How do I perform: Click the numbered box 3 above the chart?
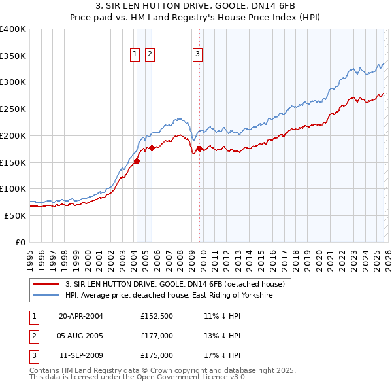197,55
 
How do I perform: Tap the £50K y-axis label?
15,215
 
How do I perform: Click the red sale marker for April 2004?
137,161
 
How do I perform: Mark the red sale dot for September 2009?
199,149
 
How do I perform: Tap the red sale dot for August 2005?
152,148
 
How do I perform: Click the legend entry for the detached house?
174,285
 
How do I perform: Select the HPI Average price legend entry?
168,296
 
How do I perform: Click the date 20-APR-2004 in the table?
81,315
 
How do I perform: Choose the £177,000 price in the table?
157,336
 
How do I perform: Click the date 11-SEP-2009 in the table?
81,355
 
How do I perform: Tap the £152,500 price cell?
157,315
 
